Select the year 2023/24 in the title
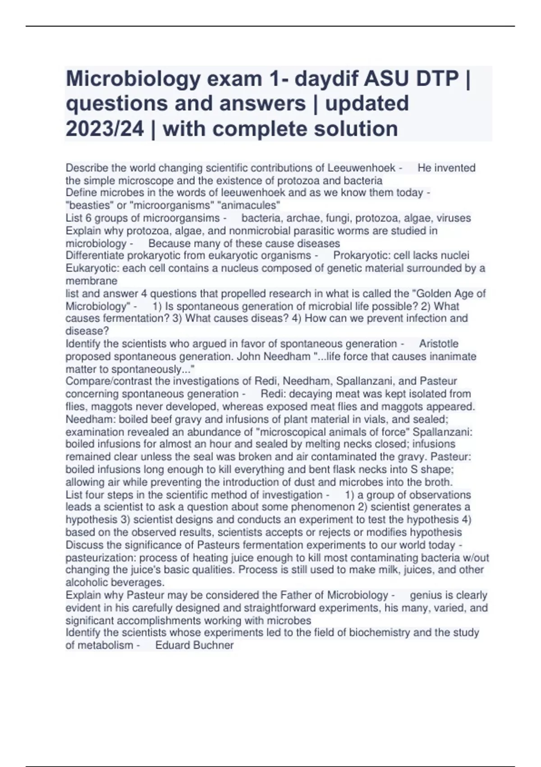pyautogui.click(x=105, y=129)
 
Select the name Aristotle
pyautogui.click(x=439, y=344)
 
